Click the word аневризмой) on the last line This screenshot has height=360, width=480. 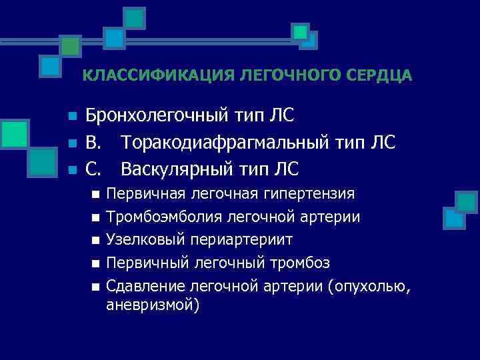(x=153, y=305)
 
